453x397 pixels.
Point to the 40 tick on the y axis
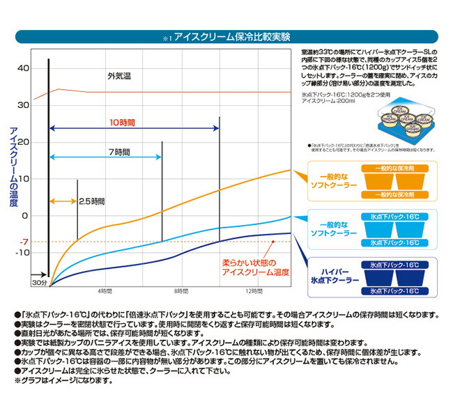tap(24, 68)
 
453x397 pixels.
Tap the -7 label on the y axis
tap(24, 242)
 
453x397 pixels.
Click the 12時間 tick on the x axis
tap(254, 289)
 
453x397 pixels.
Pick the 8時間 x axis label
tap(181, 289)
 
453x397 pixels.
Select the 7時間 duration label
tap(119, 152)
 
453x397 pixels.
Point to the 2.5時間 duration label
tap(91, 201)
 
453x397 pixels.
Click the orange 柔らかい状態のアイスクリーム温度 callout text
tap(252, 268)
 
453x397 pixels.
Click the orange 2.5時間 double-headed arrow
tap(65, 201)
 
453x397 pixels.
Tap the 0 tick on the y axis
tap(25, 215)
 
